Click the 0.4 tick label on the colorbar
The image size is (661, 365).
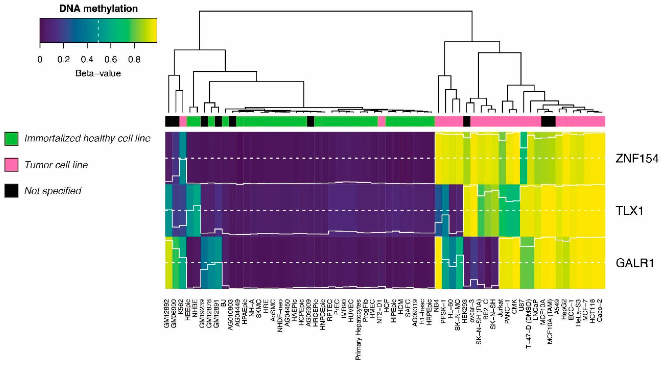(x=87, y=60)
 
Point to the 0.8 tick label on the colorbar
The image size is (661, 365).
(x=134, y=60)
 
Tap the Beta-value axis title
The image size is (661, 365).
(x=98, y=74)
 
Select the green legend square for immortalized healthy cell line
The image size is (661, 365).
(x=11, y=139)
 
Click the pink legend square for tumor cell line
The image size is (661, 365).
(x=11, y=165)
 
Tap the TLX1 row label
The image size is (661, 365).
(x=630, y=211)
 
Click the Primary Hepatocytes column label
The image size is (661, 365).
(x=358, y=329)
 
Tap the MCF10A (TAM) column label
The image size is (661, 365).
(x=550, y=322)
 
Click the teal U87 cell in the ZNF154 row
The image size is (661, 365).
(x=523, y=158)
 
